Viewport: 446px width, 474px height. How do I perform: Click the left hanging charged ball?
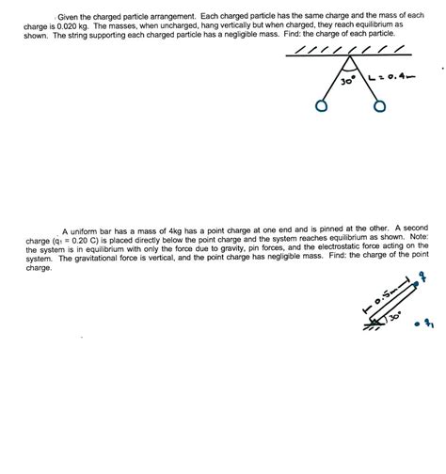pos(323,106)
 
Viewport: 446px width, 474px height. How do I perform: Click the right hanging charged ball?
pos(379,107)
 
